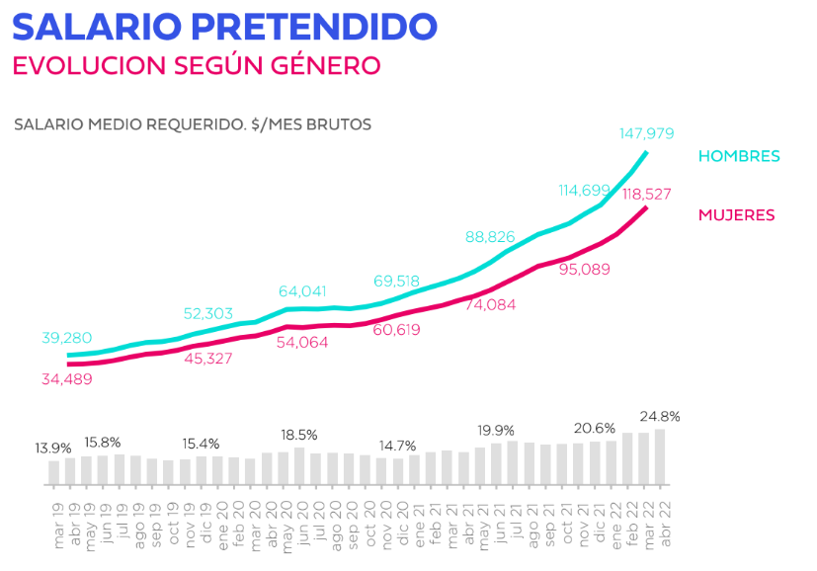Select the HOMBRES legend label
pyautogui.click(x=739, y=156)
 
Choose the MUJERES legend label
pyautogui.click(x=736, y=214)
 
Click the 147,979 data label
pyautogui.click(x=646, y=133)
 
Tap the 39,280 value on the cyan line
pyautogui.click(x=66, y=338)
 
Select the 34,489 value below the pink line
pyautogui.click(x=66, y=379)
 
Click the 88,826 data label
pyautogui.click(x=491, y=237)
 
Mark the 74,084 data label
pyautogui.click(x=491, y=305)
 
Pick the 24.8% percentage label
pyautogui.click(x=660, y=416)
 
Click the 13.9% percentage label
pyautogui.click(x=53, y=448)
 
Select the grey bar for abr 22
pyautogui.click(x=660, y=456)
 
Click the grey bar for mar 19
pyautogui.click(x=54, y=472)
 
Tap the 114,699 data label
pyautogui.click(x=585, y=190)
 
